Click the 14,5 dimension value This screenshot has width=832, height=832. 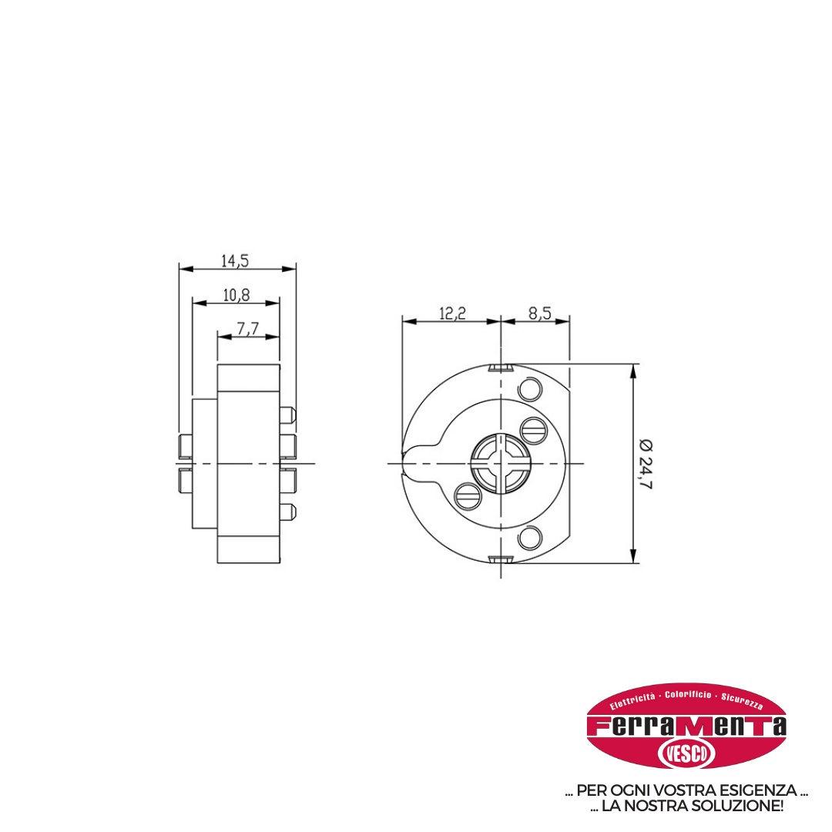234,260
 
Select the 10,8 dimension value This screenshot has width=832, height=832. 237,295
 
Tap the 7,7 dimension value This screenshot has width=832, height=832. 247,329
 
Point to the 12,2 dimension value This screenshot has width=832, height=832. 452,313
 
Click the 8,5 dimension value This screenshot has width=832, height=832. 539,313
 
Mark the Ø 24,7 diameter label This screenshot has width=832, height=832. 646,464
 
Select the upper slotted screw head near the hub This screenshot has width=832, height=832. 533,431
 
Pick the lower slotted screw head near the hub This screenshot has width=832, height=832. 468,497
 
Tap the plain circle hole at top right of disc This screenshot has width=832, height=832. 529,389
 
